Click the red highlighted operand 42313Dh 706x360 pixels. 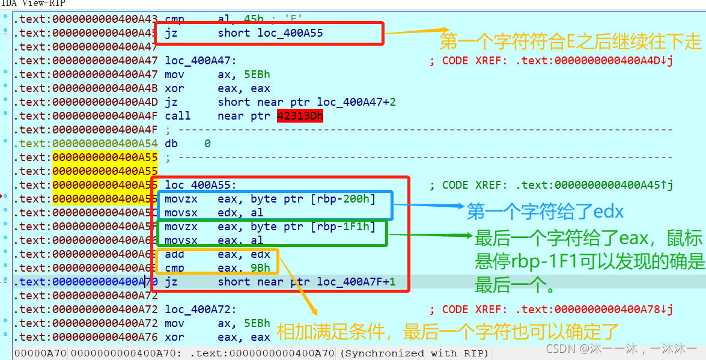[300, 116]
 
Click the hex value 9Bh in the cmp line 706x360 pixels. [261, 268]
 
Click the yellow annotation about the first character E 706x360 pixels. [570, 41]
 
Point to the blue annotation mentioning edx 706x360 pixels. [546, 211]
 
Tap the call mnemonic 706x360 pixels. [177, 116]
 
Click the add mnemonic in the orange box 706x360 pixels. [175, 254]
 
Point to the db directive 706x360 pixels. [171, 144]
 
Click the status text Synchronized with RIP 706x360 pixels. [415, 353]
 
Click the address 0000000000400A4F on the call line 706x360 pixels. [105, 116]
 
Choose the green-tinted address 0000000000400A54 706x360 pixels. [105, 144]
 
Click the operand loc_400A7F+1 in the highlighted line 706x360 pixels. [356, 282]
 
